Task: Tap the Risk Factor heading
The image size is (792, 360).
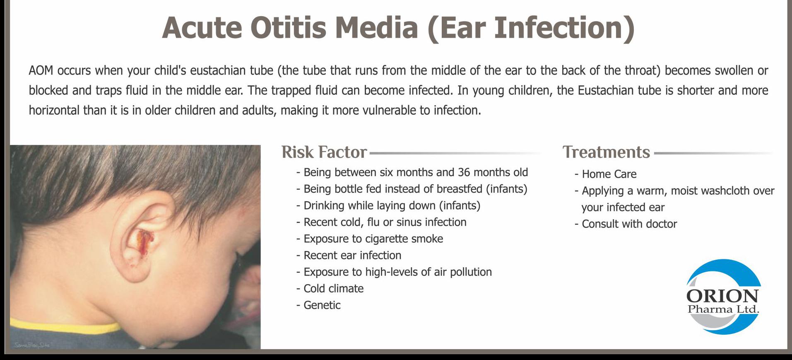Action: tap(324, 152)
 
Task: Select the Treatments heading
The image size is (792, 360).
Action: tap(606, 152)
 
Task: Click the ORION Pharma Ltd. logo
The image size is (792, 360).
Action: tap(723, 297)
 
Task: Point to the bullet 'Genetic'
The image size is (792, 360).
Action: tap(318, 305)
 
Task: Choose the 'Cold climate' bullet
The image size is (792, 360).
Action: tap(330, 289)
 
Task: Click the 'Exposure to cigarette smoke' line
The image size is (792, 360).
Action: tap(370, 239)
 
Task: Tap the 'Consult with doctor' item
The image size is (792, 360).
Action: tap(626, 224)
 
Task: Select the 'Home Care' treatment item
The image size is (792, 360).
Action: tap(605, 174)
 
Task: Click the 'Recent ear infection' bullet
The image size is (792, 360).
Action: tap(349, 256)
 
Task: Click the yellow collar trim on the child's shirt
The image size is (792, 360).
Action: tap(62, 326)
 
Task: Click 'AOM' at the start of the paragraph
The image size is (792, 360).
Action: tap(41, 71)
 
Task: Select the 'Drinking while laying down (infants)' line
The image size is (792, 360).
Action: tap(388, 206)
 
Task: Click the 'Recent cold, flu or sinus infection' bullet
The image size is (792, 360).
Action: tap(381, 222)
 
